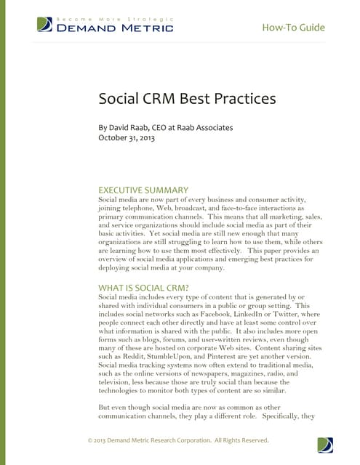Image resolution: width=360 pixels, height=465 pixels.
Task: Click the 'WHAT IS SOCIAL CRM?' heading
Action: (144, 288)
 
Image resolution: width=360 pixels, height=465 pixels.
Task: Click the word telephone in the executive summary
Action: (143, 209)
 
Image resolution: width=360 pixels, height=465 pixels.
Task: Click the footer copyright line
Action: (178, 440)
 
